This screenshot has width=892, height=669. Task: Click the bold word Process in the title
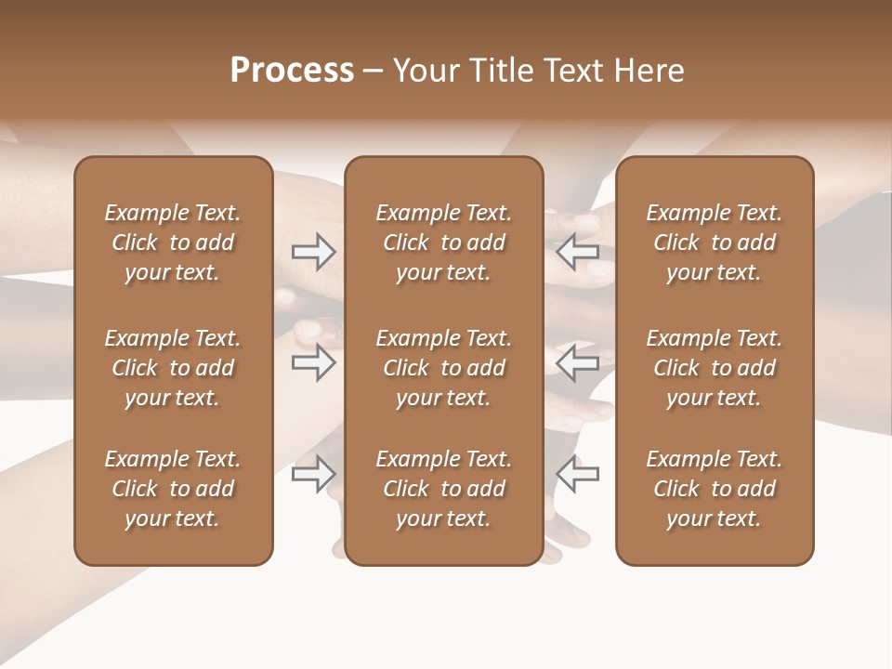[x=292, y=71]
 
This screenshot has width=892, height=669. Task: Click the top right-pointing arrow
[x=313, y=252]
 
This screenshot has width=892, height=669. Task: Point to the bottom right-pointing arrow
[x=313, y=474]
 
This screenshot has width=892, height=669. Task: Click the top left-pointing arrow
[x=578, y=252]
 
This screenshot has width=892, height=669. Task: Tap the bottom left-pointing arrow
[x=578, y=474]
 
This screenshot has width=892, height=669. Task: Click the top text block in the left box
[x=173, y=243]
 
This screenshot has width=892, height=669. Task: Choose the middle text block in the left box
[x=173, y=368]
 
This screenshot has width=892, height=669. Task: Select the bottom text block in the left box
[x=173, y=489]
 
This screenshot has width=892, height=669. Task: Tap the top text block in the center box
[x=444, y=243]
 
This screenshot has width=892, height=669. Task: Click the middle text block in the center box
[x=444, y=368]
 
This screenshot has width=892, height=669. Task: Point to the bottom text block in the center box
[x=444, y=489]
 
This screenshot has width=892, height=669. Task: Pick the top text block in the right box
[x=715, y=243]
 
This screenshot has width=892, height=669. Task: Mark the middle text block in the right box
[x=715, y=368]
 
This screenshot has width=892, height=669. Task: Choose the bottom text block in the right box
[x=715, y=489]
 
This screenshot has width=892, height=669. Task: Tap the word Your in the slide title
[x=423, y=71]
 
